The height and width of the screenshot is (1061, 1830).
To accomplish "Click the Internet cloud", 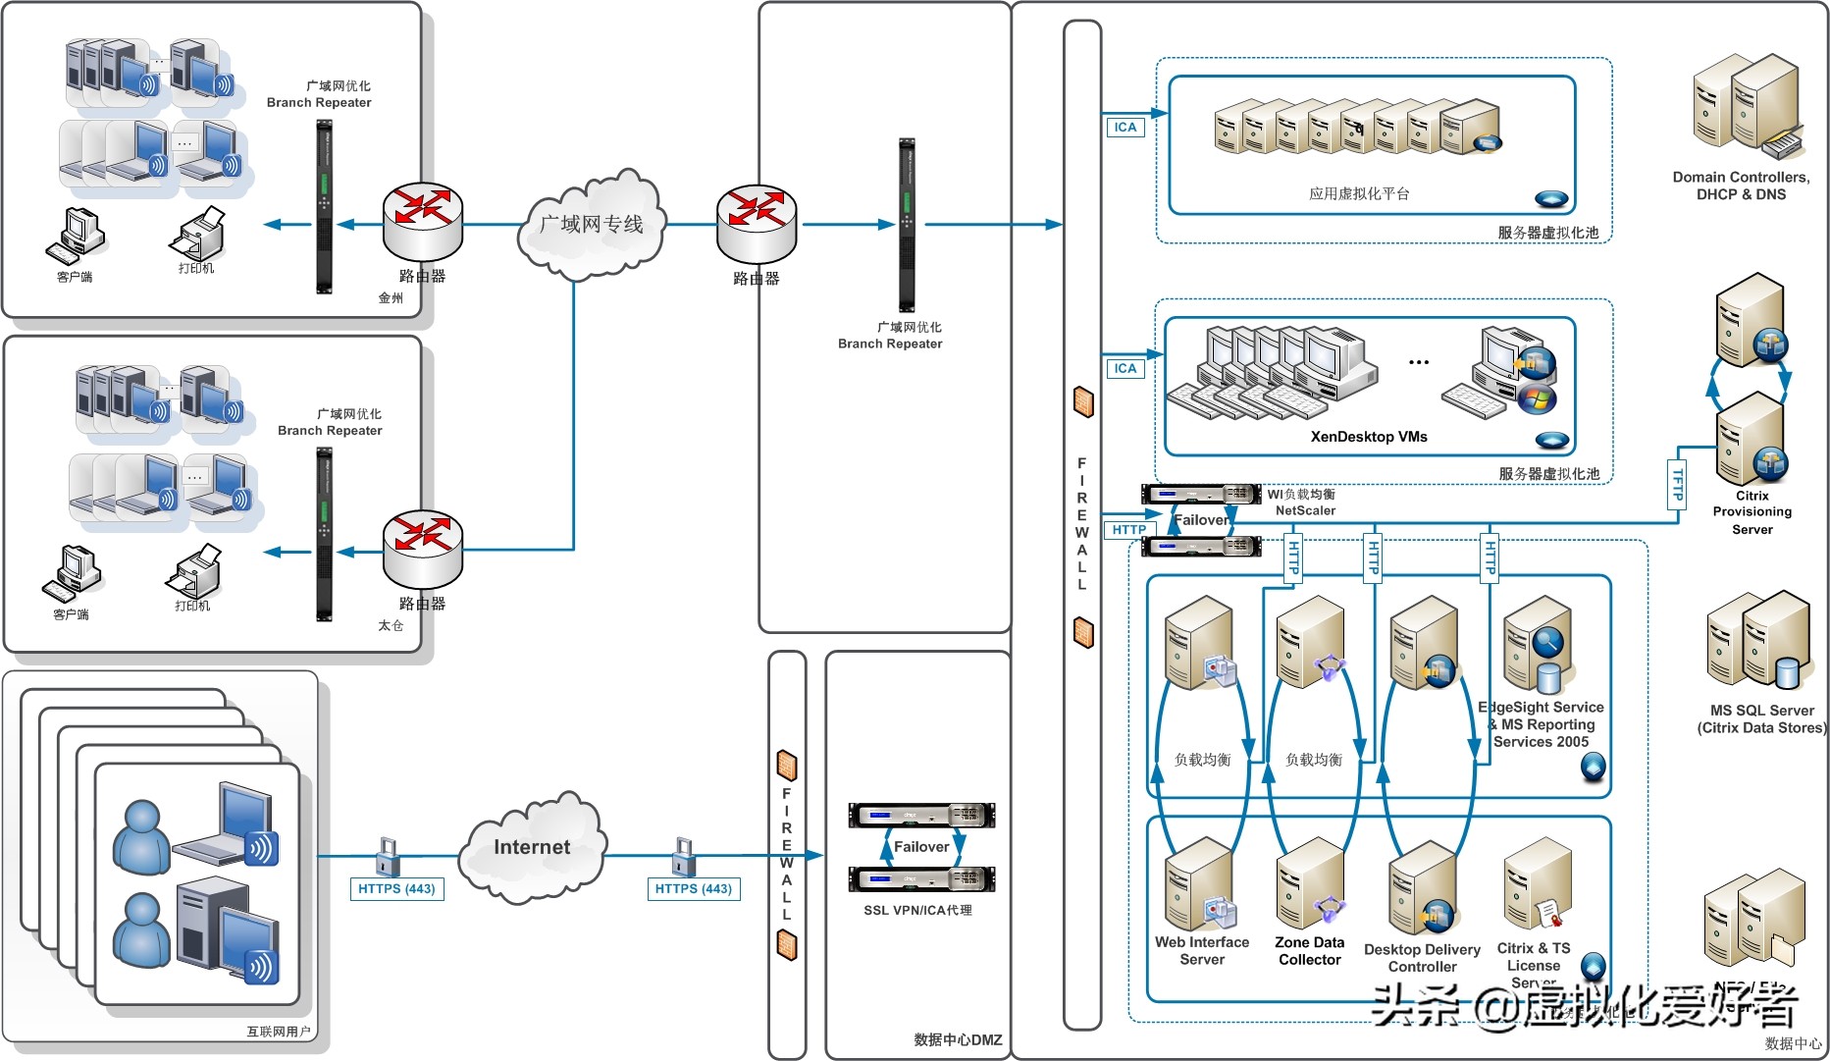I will point(532,847).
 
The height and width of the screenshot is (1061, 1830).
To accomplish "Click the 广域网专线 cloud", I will point(591,225).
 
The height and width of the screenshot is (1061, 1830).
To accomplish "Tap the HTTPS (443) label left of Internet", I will point(396,889).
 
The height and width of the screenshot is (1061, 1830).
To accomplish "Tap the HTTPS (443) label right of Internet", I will point(693,889).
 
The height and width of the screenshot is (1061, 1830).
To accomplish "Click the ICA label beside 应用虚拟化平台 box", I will point(1125,128).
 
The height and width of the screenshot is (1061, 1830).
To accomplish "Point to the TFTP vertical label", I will point(1677,484).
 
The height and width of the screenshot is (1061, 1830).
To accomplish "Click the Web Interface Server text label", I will point(1202,950).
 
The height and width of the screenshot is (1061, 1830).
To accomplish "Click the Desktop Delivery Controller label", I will point(1422,958).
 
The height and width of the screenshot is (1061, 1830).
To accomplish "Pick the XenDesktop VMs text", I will point(1369,437).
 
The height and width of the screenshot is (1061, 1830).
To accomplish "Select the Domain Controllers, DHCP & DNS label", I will point(1741,186).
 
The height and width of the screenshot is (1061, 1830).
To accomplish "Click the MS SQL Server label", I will point(1762,718).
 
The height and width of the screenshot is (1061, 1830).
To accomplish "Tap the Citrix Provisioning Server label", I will point(1752,512).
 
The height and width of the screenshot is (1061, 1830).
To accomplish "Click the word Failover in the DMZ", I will point(920,846).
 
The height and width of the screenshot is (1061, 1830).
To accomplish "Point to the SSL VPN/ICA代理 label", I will point(917,911).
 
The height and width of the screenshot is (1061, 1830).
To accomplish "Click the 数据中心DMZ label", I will point(958,1039).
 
